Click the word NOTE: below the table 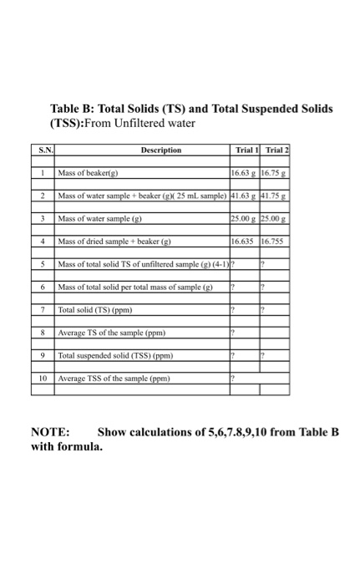click(x=50, y=433)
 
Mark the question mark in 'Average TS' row click(x=232, y=332)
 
